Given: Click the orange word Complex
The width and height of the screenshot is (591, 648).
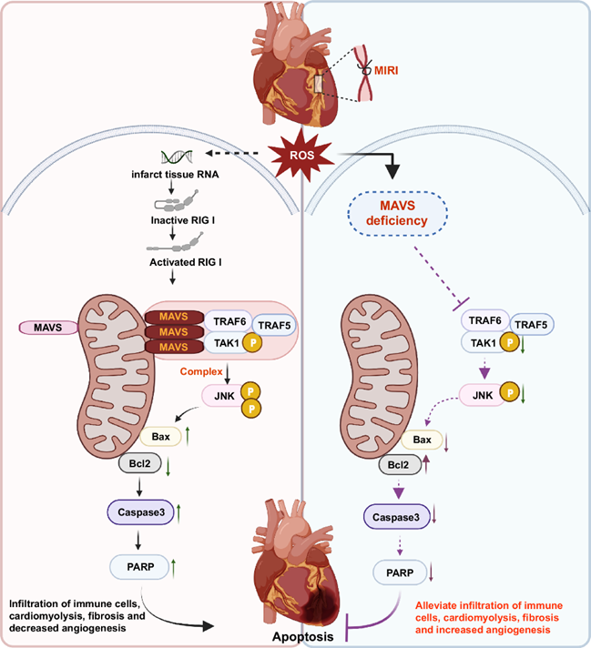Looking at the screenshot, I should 202,372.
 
